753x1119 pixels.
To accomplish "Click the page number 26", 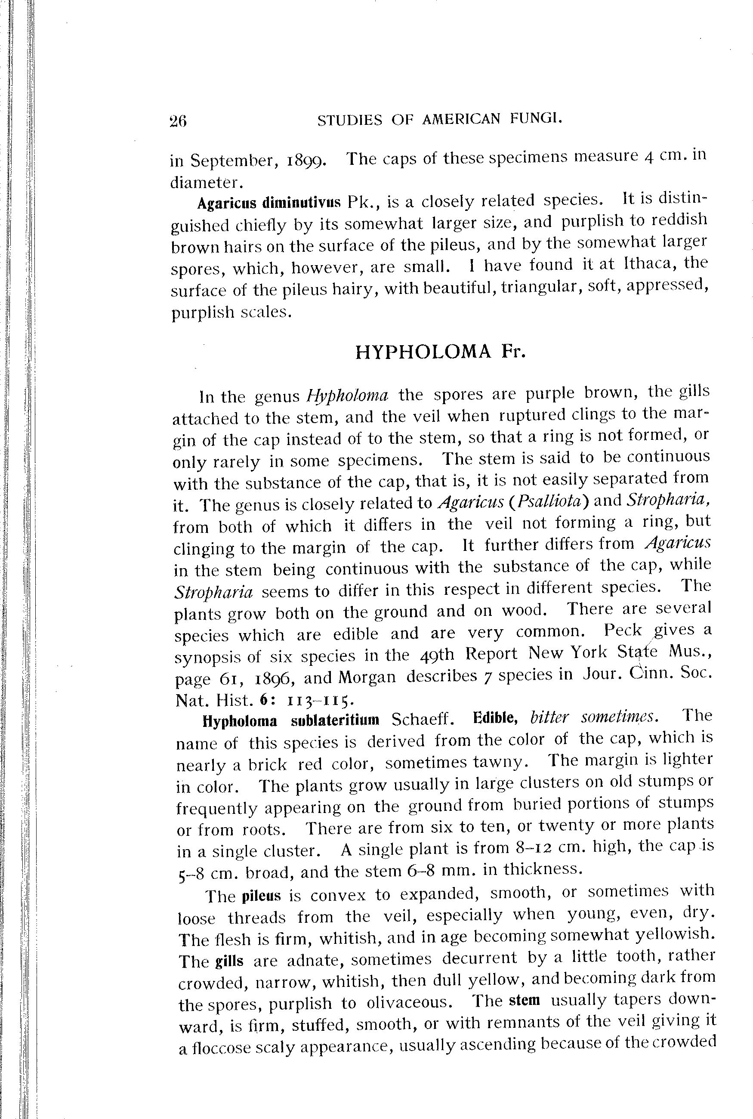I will coord(178,121).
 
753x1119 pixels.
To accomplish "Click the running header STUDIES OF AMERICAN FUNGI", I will coord(439,119).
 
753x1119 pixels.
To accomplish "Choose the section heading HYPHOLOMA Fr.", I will coord(440,352).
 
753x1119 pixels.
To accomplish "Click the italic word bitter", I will coord(549,718).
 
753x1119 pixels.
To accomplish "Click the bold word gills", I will coord(229,961).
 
